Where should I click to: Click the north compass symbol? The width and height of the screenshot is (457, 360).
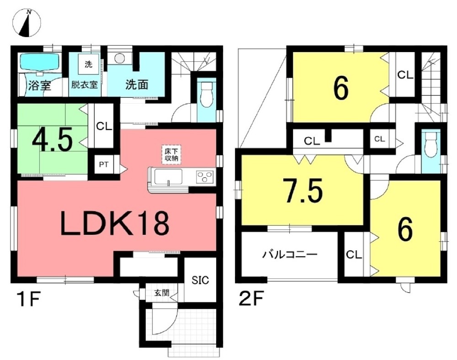tap(27, 23)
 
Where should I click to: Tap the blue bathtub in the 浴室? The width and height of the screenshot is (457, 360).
tap(39, 62)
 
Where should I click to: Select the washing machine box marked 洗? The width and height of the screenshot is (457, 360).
tap(88, 64)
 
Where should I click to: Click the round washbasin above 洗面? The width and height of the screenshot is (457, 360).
tap(119, 58)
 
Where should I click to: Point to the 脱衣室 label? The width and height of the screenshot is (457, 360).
tap(84, 85)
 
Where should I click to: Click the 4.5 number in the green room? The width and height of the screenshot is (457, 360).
tap(52, 141)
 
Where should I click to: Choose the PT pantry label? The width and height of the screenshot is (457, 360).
tap(104, 164)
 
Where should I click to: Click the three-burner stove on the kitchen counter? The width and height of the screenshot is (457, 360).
tap(205, 177)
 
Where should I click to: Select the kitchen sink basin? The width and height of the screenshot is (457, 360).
tap(168, 176)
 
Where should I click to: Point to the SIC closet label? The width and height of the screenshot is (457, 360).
tap(200, 280)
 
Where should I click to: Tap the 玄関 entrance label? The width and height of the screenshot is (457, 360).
tap(162, 292)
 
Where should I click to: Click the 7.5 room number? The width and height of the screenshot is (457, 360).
tap(303, 191)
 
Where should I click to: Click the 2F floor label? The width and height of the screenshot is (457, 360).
tap(251, 299)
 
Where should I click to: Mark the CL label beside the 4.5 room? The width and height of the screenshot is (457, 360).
tap(104, 127)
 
